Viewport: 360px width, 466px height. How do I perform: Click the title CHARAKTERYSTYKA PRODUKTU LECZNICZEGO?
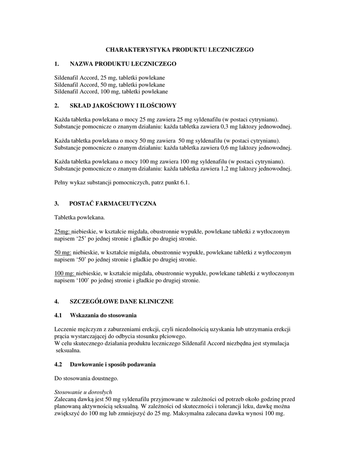[180, 49]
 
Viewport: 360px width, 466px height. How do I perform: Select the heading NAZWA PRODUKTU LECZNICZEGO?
[122, 64]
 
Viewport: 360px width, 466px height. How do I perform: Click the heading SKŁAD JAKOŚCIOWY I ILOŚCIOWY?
[122, 106]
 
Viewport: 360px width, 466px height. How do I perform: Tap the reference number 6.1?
[185, 182]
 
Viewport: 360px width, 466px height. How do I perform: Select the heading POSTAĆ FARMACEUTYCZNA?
[112, 203]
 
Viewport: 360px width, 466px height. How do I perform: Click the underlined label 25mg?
[62, 232]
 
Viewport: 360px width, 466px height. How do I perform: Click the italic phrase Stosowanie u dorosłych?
[83, 392]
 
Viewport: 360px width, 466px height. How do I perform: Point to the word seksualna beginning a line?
[68, 351]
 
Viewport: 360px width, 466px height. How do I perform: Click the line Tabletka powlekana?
[80, 218]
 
